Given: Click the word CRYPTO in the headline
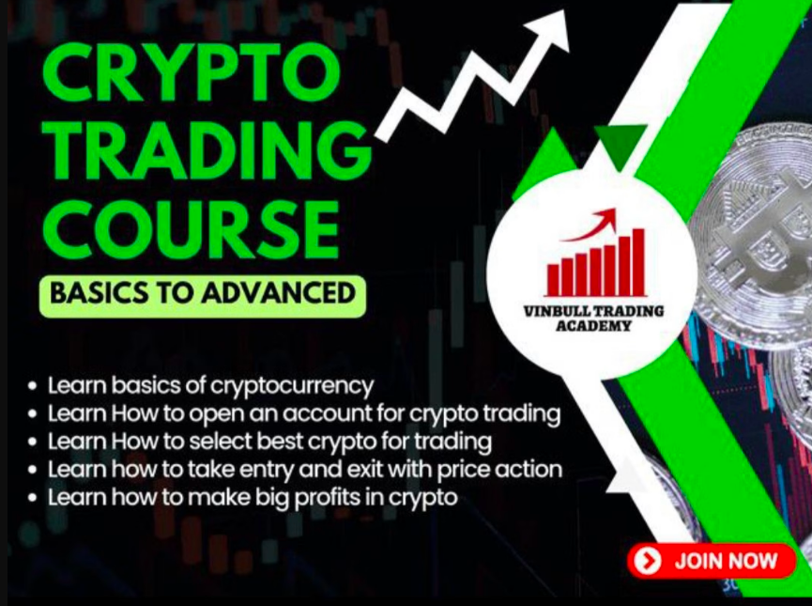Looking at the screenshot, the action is [x=192, y=72].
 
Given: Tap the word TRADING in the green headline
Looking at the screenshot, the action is [x=207, y=151].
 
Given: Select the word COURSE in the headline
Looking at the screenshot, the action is [x=192, y=229].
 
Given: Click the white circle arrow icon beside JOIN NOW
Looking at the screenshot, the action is [x=648, y=561].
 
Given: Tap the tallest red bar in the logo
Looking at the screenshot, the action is [x=638, y=262].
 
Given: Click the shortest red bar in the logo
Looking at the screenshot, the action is [x=554, y=280].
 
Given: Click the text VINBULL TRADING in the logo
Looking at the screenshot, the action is [x=593, y=311].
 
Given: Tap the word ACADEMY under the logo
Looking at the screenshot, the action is [x=593, y=326].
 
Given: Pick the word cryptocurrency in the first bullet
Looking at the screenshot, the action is [x=292, y=387].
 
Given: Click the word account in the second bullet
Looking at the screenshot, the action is [x=328, y=413].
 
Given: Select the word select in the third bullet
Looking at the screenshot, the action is [x=220, y=442].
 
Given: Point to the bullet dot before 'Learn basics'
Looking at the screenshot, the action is [x=33, y=386].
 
